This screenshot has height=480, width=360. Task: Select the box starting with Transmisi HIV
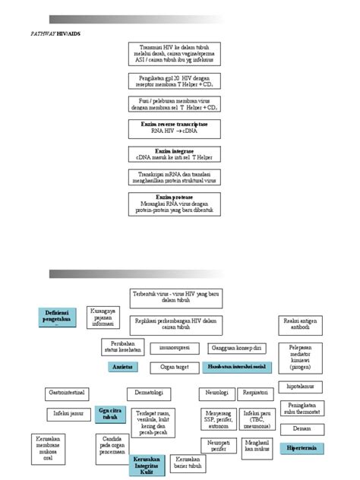pos(178,55)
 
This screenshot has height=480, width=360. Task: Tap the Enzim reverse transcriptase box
pos(178,127)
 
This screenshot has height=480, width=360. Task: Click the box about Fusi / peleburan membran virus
pos(178,103)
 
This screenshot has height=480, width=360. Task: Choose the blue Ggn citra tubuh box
pos(110,414)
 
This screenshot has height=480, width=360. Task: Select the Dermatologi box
pos(149,393)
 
